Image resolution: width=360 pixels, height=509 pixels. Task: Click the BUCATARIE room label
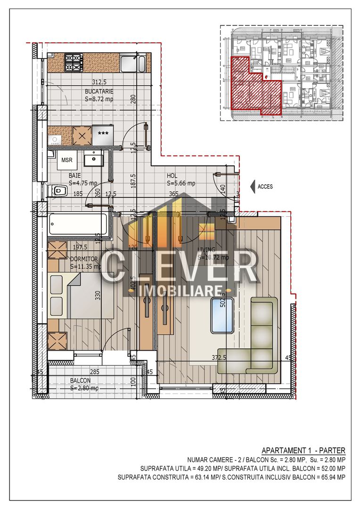tap(99, 91)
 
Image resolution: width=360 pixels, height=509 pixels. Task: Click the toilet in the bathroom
tap(59, 190)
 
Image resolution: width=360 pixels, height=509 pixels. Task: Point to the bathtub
tap(78, 224)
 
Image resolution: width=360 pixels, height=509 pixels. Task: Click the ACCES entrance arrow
tap(253, 186)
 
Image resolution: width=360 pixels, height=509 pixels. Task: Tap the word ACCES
tap(265, 187)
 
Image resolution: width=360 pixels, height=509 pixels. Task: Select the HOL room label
tap(172, 176)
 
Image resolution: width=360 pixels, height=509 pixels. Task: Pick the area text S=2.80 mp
tap(84, 388)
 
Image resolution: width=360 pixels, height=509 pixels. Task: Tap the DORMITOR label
tap(83, 259)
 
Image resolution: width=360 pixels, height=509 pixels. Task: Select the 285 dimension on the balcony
tap(94, 372)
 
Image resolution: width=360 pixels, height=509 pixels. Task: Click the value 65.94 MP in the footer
tap(332, 477)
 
